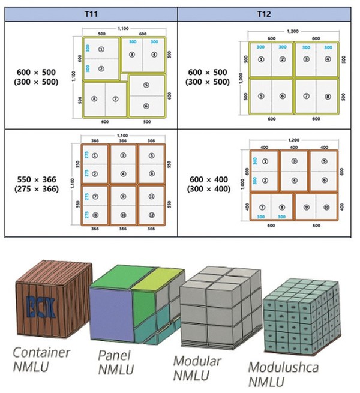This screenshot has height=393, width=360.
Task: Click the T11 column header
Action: coord(91,12)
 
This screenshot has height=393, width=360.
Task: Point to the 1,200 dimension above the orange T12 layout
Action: coord(294,139)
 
